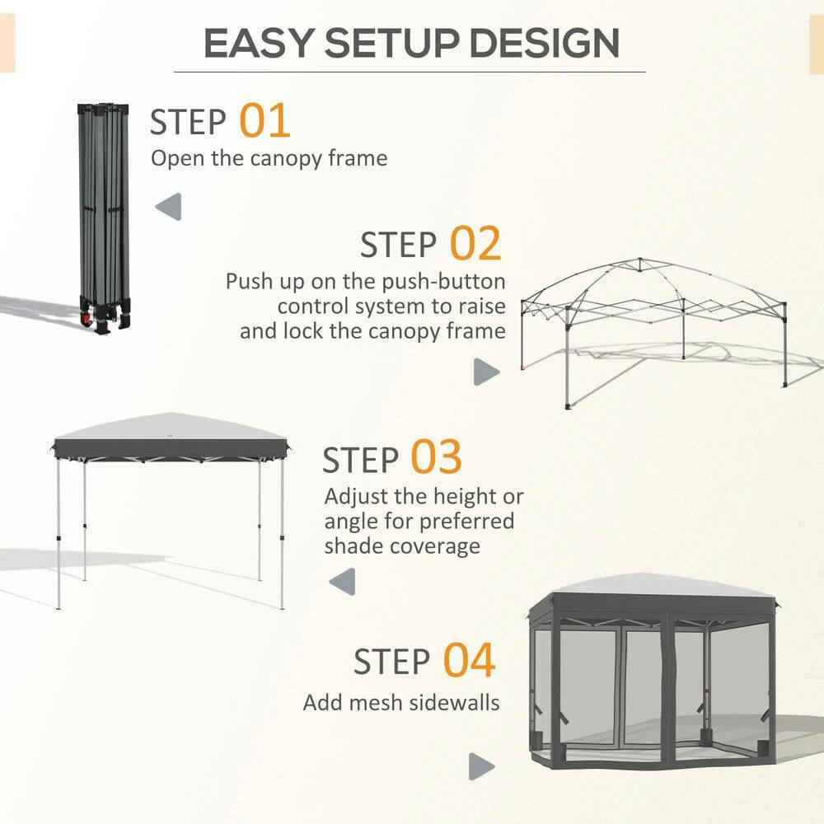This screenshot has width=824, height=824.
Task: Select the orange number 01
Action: coord(265,120)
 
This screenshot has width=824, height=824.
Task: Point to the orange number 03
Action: coord(437,458)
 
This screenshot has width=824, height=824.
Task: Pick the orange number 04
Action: coord(470,660)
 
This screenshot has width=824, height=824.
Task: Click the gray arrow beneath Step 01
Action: coord(169,206)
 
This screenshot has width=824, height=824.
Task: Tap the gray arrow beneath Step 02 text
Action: coord(486,372)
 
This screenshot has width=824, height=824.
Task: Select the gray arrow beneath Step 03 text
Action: coord(342,582)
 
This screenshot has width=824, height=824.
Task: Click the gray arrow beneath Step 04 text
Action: coord(481,766)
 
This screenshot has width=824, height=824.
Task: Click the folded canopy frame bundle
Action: coord(105,214)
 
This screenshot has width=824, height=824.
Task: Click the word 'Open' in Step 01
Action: coord(176,157)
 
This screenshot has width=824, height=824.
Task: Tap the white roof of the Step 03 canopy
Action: coord(169,428)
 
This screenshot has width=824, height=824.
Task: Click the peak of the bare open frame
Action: coord(639,264)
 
